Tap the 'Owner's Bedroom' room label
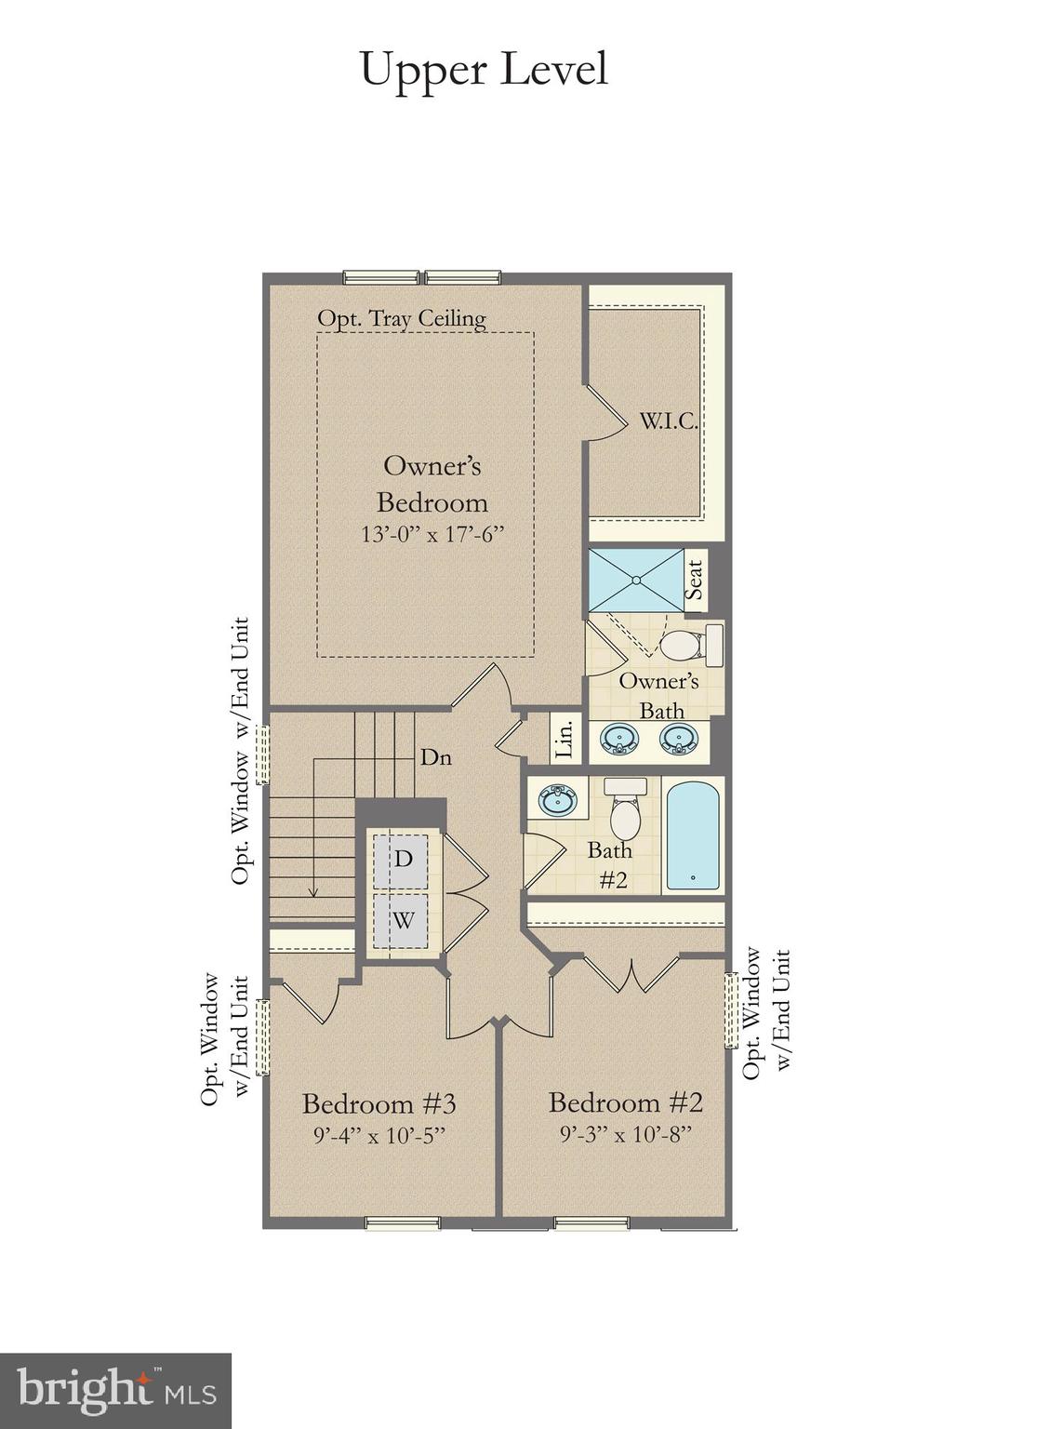432,484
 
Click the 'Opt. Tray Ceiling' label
401,318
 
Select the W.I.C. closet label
668,421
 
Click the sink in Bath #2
558,798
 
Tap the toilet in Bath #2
625,811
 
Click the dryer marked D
403,858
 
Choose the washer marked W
403,920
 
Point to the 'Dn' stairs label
435,757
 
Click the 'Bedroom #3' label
379,1104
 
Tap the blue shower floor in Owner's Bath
636,580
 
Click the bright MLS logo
115,1390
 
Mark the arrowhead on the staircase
313,892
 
